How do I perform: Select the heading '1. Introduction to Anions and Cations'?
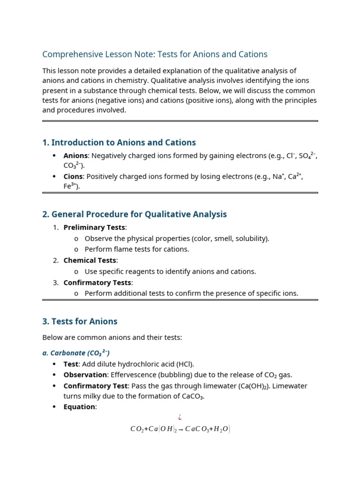pyautogui.click(x=119, y=142)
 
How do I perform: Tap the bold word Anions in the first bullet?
pyautogui.click(x=75, y=156)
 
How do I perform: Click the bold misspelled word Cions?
pyautogui.click(x=73, y=176)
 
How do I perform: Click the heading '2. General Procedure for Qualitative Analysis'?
pyautogui.click(x=135, y=214)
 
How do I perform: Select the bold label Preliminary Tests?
pyautogui.click(x=94, y=227)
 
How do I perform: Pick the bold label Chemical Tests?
pyautogui.click(x=90, y=260)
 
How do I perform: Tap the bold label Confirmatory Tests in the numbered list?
pyautogui.click(x=97, y=283)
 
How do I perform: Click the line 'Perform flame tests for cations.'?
pyautogui.click(x=137, y=249)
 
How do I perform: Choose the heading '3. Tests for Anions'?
pyautogui.click(x=80, y=322)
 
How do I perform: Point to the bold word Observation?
pyautogui.click(x=85, y=375)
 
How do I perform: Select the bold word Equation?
pyautogui.click(x=79, y=407)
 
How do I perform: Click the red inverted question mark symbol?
pyautogui.click(x=180, y=417)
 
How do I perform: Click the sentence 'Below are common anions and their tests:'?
pyautogui.click(x=112, y=337)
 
